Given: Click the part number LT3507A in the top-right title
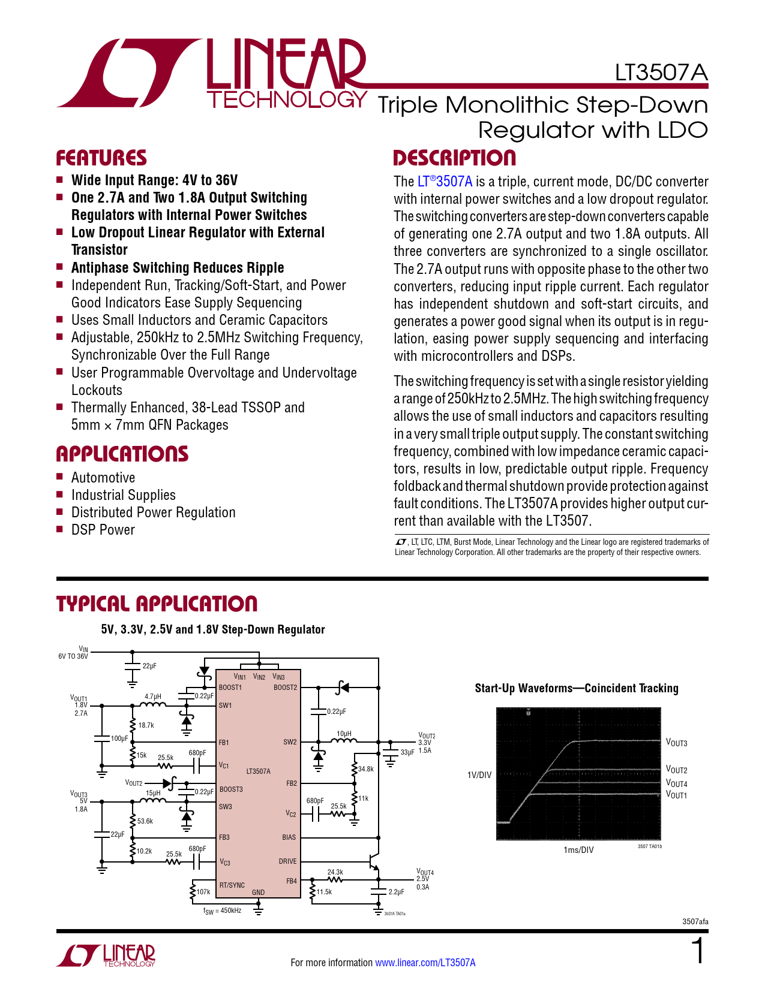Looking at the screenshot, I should [x=661, y=73].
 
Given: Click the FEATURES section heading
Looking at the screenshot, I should [x=101, y=158].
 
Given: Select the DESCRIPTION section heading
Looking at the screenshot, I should [x=454, y=158].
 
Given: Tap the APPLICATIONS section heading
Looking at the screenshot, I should [x=122, y=454].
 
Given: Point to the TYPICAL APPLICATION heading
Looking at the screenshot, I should [x=157, y=604].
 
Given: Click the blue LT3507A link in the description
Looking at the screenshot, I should [x=445, y=182].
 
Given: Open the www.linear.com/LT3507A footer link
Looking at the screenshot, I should [x=425, y=963].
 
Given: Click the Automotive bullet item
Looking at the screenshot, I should [x=103, y=478].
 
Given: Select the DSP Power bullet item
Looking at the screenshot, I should [x=103, y=530].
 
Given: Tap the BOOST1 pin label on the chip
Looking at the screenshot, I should [x=230, y=688].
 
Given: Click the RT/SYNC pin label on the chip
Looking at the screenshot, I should [x=232, y=885].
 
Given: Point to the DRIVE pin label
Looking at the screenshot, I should [x=287, y=861].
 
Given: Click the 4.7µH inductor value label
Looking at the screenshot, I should [x=153, y=696].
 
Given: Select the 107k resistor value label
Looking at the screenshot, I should [x=203, y=892].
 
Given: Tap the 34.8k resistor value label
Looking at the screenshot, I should [x=365, y=769].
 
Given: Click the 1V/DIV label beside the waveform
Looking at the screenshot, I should [x=479, y=775].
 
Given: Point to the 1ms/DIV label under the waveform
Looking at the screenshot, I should [x=578, y=850].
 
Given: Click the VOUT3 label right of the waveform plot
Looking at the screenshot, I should [x=676, y=743].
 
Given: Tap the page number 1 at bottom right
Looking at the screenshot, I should [x=698, y=952].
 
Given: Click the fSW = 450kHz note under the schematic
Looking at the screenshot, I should [x=222, y=911].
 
